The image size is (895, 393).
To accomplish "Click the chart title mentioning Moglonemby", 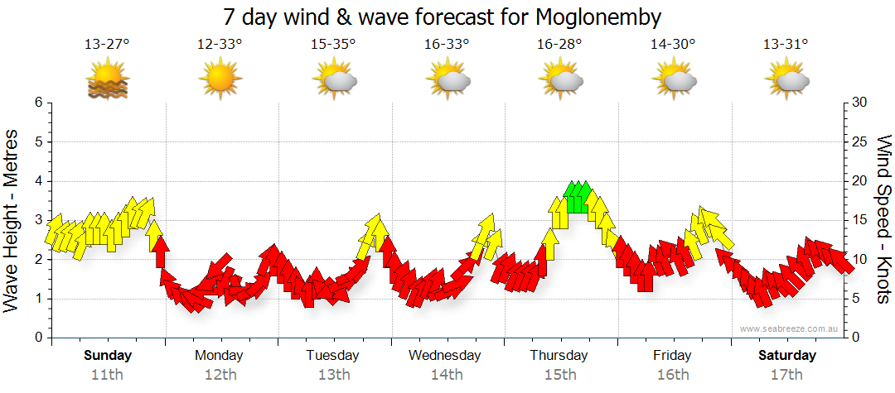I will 443,17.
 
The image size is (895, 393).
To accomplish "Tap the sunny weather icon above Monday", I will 220,80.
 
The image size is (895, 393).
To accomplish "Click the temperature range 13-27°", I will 107,45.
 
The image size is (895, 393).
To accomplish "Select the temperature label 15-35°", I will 333,45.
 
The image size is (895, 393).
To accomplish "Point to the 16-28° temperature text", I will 559,45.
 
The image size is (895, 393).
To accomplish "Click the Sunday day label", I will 108,356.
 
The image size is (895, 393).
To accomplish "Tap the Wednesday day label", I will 445,356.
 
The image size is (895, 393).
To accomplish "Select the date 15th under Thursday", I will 559,375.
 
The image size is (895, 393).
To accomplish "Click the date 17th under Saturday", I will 787,375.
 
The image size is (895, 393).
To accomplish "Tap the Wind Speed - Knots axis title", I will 883,219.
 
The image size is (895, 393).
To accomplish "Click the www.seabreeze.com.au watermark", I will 791,329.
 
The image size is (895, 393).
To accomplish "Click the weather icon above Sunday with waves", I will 108,81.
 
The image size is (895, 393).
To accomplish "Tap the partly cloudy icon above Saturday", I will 787,81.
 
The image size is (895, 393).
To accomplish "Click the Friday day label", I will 672,356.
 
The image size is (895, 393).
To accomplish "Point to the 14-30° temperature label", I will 672,45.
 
